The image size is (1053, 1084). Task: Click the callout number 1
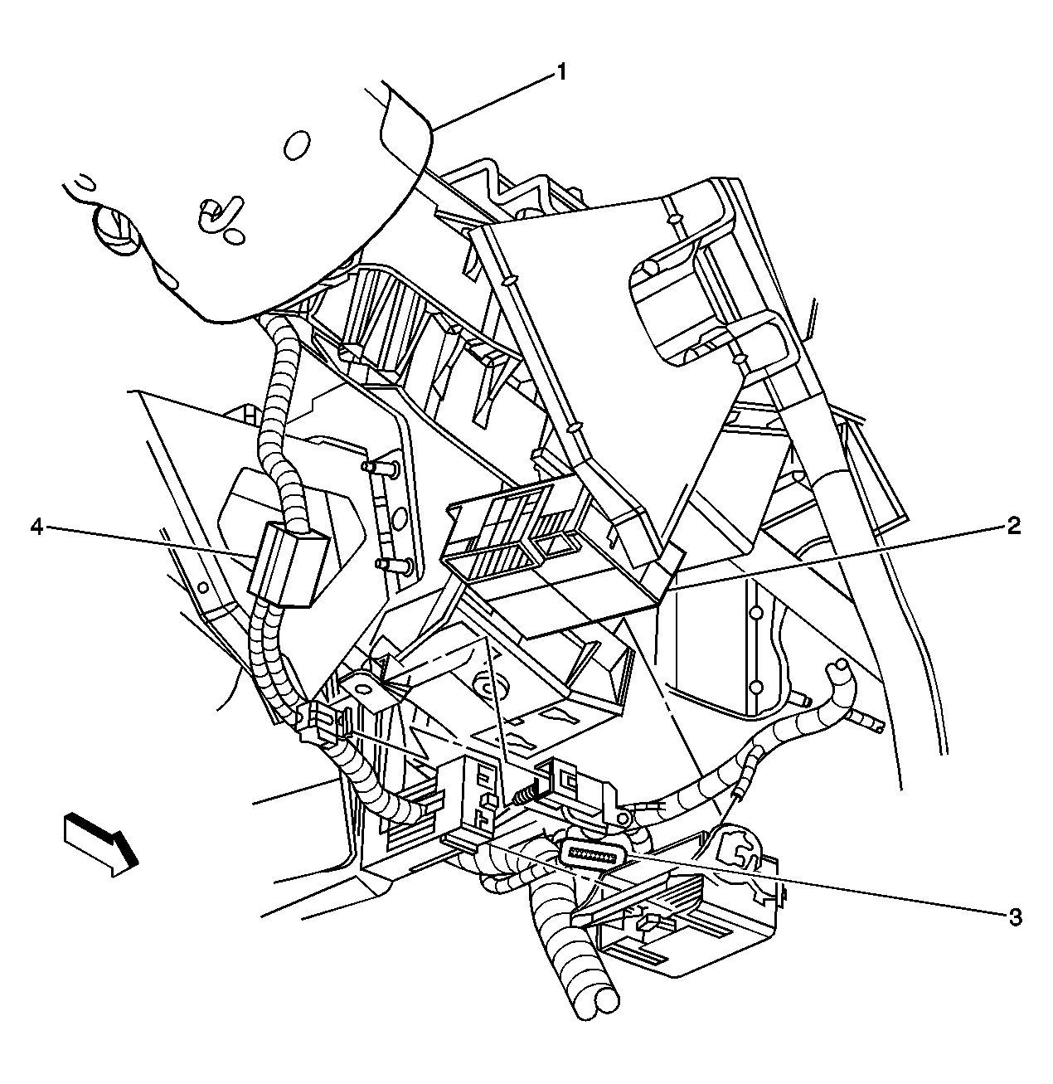point(561,73)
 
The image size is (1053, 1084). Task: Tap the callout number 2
point(1013,526)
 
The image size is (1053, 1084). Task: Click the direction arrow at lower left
point(99,843)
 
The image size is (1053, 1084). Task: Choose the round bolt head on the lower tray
point(483,685)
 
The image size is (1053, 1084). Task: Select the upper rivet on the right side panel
point(755,613)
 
